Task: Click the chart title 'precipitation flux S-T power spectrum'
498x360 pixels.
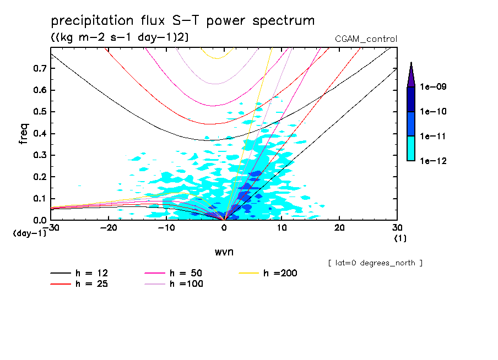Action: (183, 21)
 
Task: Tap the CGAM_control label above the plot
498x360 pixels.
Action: (366, 39)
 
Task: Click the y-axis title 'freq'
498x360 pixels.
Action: (24, 134)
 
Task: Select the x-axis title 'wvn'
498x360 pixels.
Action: (224, 252)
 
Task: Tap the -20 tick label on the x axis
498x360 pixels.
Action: (109, 228)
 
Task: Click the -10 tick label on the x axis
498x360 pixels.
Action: (166, 228)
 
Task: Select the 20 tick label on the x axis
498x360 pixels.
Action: (339, 228)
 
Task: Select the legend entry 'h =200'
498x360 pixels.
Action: (280, 273)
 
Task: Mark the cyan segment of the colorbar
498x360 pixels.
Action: (411, 148)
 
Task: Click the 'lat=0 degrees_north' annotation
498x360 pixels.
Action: (375, 263)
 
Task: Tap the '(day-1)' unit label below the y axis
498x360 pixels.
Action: (30, 233)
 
